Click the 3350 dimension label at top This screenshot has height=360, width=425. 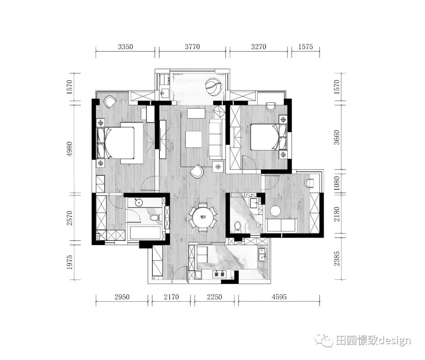[x=126, y=46]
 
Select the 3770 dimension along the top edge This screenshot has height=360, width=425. [x=192, y=46]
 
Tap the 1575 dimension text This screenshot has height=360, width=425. [x=305, y=46]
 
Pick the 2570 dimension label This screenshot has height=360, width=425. [x=70, y=217]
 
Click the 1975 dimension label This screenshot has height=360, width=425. [x=70, y=263]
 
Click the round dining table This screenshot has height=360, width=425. [x=203, y=217]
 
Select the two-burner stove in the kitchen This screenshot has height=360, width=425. [x=220, y=274]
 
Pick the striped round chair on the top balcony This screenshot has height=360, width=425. [x=213, y=87]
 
